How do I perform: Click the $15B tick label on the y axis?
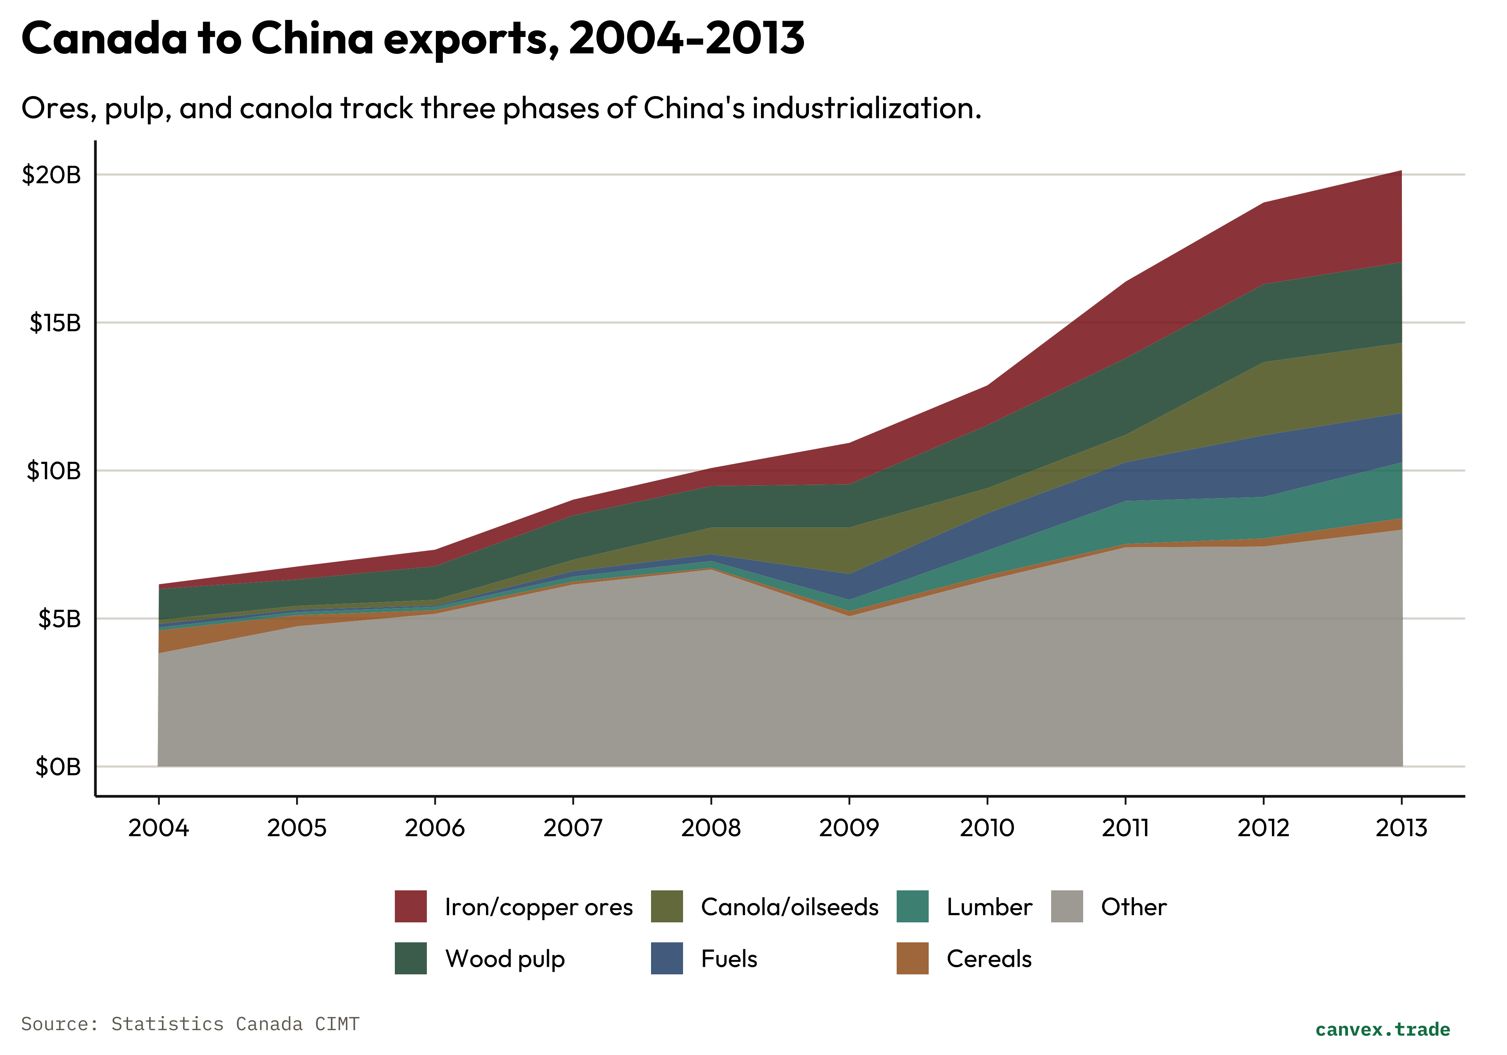coord(55,323)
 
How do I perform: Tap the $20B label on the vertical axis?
coord(51,174)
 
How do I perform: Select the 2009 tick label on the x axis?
coord(849,828)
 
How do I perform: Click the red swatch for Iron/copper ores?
coord(410,907)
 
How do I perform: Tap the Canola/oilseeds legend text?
coord(789,907)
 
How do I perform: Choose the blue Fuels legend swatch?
coord(666,959)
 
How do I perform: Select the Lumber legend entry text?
coord(989,907)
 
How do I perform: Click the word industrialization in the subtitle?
coord(867,108)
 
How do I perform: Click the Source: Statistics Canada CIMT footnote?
coord(190,1024)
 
